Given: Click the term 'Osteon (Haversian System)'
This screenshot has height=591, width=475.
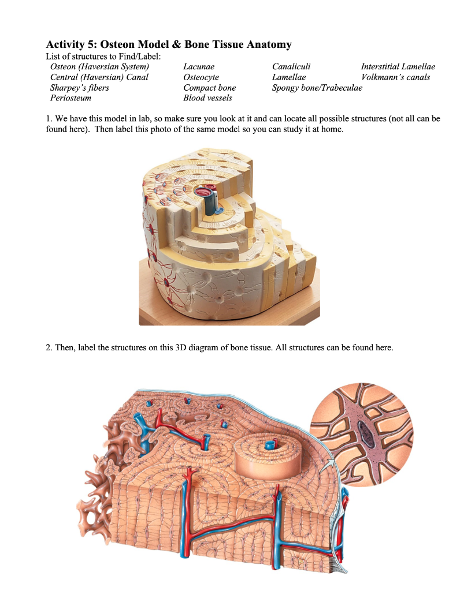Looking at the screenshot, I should point(95,67).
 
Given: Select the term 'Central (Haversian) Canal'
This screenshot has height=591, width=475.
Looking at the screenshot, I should point(99,77).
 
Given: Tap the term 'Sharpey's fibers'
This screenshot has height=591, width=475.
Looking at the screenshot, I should point(79,88).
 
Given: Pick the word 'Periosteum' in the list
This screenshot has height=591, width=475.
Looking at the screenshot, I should point(70,98).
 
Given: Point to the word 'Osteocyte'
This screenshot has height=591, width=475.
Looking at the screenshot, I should point(201,77).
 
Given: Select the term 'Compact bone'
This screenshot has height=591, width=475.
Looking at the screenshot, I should point(209,88).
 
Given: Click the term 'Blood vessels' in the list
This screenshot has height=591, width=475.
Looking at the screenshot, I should point(207,98).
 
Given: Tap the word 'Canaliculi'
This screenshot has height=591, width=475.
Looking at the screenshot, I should point(291,67).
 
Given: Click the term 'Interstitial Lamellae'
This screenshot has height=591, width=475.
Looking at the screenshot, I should point(398,67).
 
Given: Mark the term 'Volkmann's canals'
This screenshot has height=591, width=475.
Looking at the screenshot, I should point(395,77).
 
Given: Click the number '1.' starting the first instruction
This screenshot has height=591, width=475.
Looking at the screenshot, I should point(49,119).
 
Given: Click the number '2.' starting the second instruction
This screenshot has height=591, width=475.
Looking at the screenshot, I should point(49,348).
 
